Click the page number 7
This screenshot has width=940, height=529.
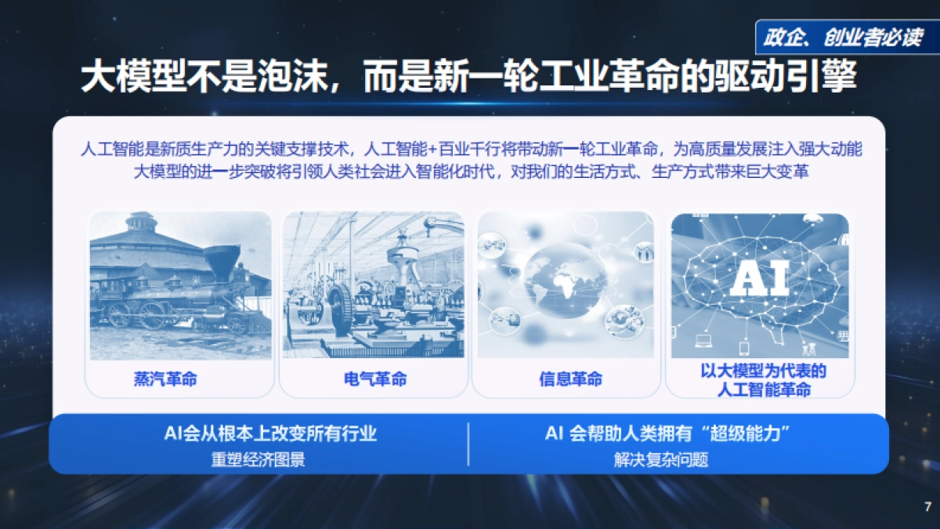coord(927,505)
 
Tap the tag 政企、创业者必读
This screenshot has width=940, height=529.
coord(843,38)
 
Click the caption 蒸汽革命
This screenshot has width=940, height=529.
coord(165,380)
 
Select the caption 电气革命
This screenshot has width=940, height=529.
coord(375,380)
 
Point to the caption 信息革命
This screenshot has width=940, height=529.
coord(570,380)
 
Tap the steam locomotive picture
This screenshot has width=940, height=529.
coord(180,286)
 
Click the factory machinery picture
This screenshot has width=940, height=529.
coord(373,286)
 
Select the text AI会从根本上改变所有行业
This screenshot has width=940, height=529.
coord(270,433)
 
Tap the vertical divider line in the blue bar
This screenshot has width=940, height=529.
coord(468,444)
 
